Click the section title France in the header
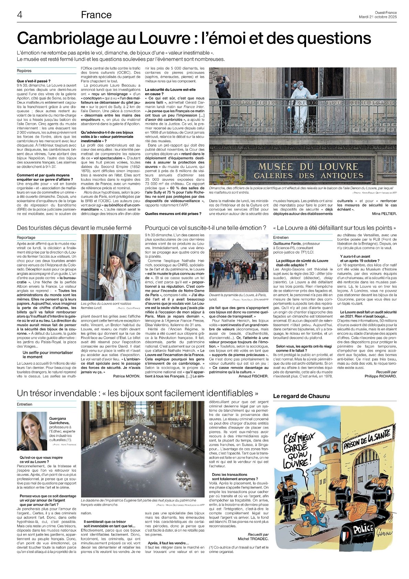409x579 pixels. pyautogui.click(x=96, y=15)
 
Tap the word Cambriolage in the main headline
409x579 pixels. pyautogui.click(x=66, y=38)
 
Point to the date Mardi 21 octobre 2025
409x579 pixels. pyautogui.click(x=377, y=17)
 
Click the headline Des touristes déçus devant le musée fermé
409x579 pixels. pyautogui.click(x=74, y=228)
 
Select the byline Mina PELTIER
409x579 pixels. pyautogui.click(x=384, y=214)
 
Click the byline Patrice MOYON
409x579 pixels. pyautogui.click(x=127, y=376)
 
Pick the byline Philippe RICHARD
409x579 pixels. pyautogui.click(x=380, y=376)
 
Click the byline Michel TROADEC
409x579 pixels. pyautogui.click(x=253, y=539)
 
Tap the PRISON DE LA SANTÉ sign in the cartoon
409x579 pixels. pyautogui.click(x=368, y=439)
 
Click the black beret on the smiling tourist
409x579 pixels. pyautogui.click(x=116, y=254)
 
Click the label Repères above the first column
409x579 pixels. pyautogui.click(x=24, y=71)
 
